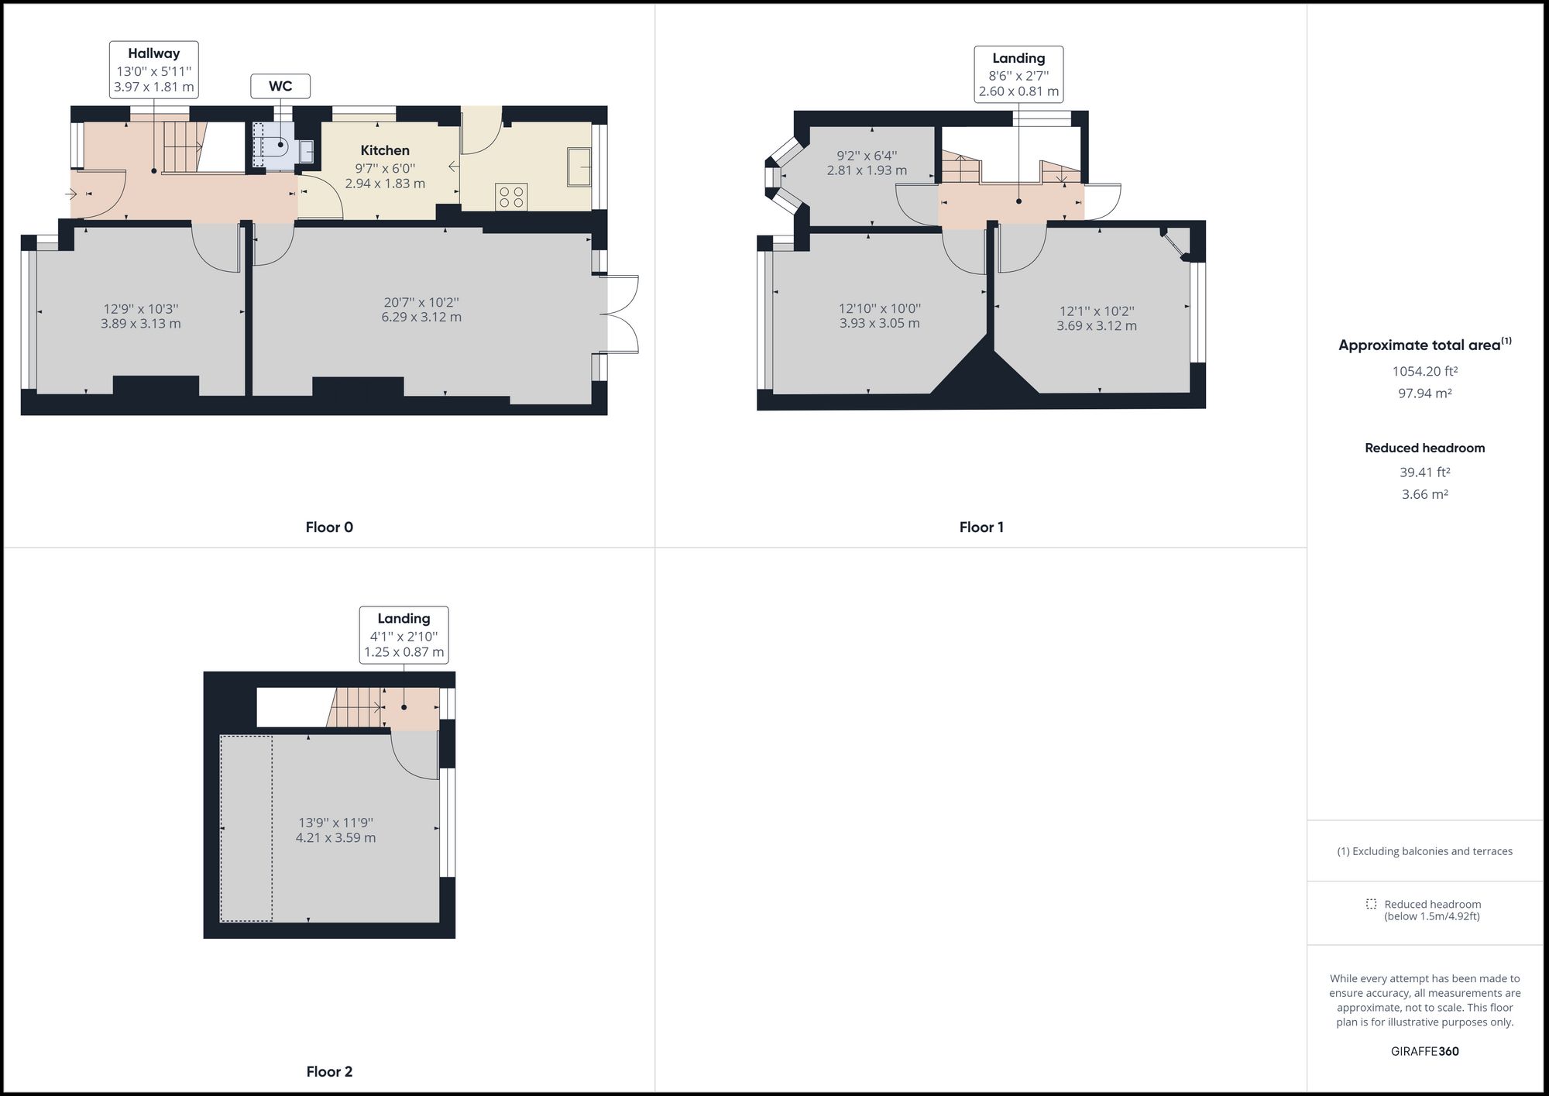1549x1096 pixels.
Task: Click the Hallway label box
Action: tap(153, 70)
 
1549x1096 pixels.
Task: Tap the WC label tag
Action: tap(280, 86)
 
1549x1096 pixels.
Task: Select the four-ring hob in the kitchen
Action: tap(511, 196)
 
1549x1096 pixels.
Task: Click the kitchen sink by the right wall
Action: tap(579, 167)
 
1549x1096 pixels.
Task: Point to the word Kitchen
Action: tap(385, 150)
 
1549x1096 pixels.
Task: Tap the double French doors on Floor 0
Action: tap(622, 314)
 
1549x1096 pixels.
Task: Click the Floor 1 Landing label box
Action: tap(1018, 74)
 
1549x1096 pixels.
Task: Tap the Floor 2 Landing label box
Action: tap(404, 635)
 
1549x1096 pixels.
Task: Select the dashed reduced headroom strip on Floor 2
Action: tap(246, 829)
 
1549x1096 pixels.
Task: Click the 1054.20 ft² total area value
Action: tap(1424, 371)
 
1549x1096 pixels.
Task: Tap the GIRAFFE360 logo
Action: tap(1424, 1051)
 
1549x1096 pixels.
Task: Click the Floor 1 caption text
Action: tap(981, 527)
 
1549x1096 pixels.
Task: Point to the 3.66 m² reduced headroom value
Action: tap(1424, 494)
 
